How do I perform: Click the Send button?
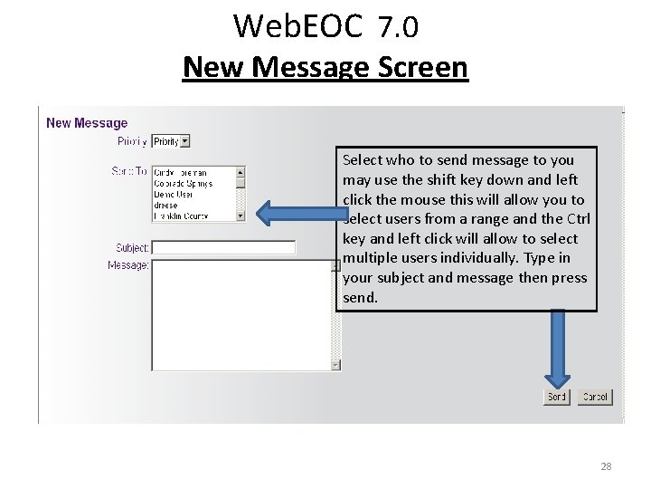pos(556,397)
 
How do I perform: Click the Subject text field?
pos(223,247)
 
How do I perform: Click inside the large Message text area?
pos(241,314)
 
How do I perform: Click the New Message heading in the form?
pos(87,123)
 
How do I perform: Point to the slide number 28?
pos(606,466)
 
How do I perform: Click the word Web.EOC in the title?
pos(298,26)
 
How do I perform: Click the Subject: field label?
pos(132,248)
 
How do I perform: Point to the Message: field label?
pos(127,265)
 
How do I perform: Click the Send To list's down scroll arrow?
pos(241,216)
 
